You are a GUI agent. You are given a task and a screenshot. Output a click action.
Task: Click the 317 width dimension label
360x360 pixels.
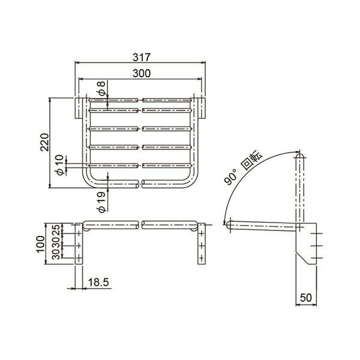pyautogui.click(x=142, y=58)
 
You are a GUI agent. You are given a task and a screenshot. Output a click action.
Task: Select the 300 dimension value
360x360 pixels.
pyautogui.click(x=142, y=73)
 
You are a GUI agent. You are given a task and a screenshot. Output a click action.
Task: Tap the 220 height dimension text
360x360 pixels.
pyautogui.click(x=44, y=142)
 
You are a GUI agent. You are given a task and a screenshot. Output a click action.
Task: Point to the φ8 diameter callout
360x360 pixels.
pyautogui.click(x=101, y=88)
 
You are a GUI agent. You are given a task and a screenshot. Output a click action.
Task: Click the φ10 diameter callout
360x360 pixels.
pyautogui.click(x=59, y=165)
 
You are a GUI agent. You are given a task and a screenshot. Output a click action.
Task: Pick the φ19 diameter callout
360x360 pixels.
pyautogui.click(x=101, y=202)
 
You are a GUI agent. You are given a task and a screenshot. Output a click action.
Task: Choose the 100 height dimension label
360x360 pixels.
pyautogui.click(x=40, y=244)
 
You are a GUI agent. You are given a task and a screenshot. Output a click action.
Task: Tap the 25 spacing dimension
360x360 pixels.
pyautogui.click(x=56, y=230)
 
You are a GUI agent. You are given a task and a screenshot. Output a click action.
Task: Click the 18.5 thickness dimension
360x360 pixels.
pyautogui.click(x=98, y=282)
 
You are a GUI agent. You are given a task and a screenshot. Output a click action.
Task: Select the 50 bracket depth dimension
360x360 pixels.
pyautogui.click(x=306, y=298)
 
